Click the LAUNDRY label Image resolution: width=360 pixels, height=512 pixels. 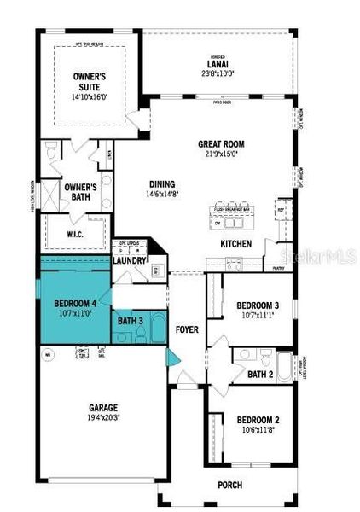(x=131, y=260)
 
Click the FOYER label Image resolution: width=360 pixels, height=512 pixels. (x=187, y=328)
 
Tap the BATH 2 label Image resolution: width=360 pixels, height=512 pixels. (x=259, y=373)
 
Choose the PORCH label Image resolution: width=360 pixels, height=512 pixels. (x=253, y=486)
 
